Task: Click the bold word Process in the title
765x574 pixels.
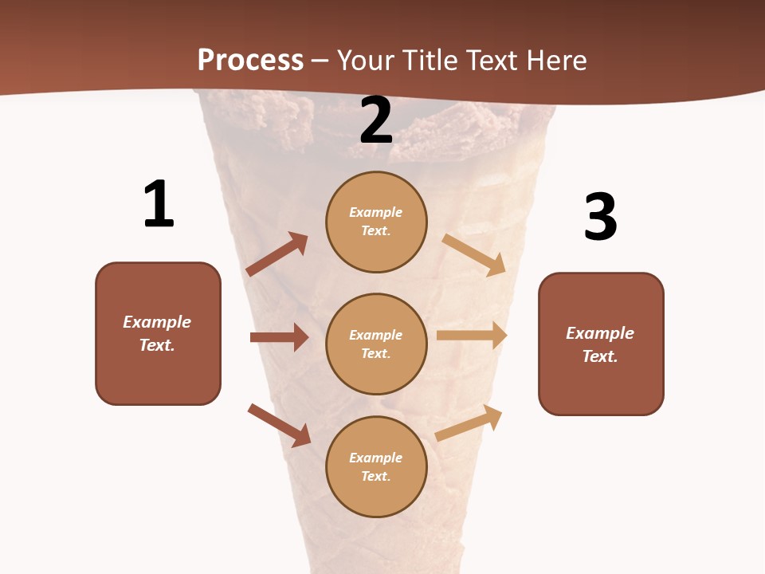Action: (x=250, y=60)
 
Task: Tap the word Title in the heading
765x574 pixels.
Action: (x=427, y=60)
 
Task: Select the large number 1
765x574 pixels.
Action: (x=158, y=204)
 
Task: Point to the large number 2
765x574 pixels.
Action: (x=376, y=120)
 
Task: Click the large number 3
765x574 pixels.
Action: (x=600, y=217)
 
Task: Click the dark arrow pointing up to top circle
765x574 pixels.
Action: (x=277, y=254)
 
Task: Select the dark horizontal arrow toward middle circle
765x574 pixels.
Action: (x=279, y=337)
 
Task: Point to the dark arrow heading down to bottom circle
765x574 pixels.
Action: (x=279, y=424)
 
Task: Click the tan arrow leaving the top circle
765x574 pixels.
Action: (x=474, y=254)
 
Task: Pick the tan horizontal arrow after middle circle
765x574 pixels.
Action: (x=472, y=335)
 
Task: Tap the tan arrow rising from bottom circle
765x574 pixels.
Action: (x=469, y=423)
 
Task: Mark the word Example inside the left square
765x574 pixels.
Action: (x=157, y=322)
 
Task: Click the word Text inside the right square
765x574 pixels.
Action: (x=599, y=356)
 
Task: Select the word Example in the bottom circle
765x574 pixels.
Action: (x=376, y=458)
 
